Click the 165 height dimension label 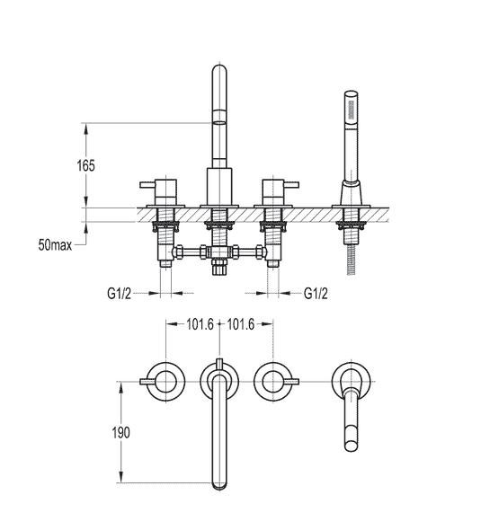click(x=86, y=165)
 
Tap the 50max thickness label click(x=55, y=244)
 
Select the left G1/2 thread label click(x=119, y=294)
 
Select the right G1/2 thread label click(x=316, y=294)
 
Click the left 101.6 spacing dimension click(x=200, y=324)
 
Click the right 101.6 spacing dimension click(x=241, y=324)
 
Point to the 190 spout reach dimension click(x=121, y=433)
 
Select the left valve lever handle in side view click(x=147, y=184)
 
